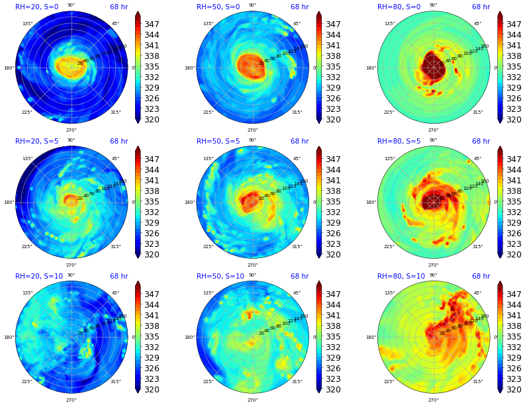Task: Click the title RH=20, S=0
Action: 36,7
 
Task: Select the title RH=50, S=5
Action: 218,142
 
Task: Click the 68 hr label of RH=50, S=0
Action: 299,7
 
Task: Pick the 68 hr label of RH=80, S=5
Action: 481,142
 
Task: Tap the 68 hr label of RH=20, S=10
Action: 119,277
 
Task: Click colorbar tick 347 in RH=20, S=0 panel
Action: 152,24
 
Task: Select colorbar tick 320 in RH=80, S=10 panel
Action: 514,390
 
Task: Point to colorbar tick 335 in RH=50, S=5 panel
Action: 333,202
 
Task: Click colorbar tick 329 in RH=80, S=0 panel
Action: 514,88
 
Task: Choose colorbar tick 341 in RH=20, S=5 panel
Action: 152,181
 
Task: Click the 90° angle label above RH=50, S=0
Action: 252,5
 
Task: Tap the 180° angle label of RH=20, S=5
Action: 9,202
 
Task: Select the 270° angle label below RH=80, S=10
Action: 433,400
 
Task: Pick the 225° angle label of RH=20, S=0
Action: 27,112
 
